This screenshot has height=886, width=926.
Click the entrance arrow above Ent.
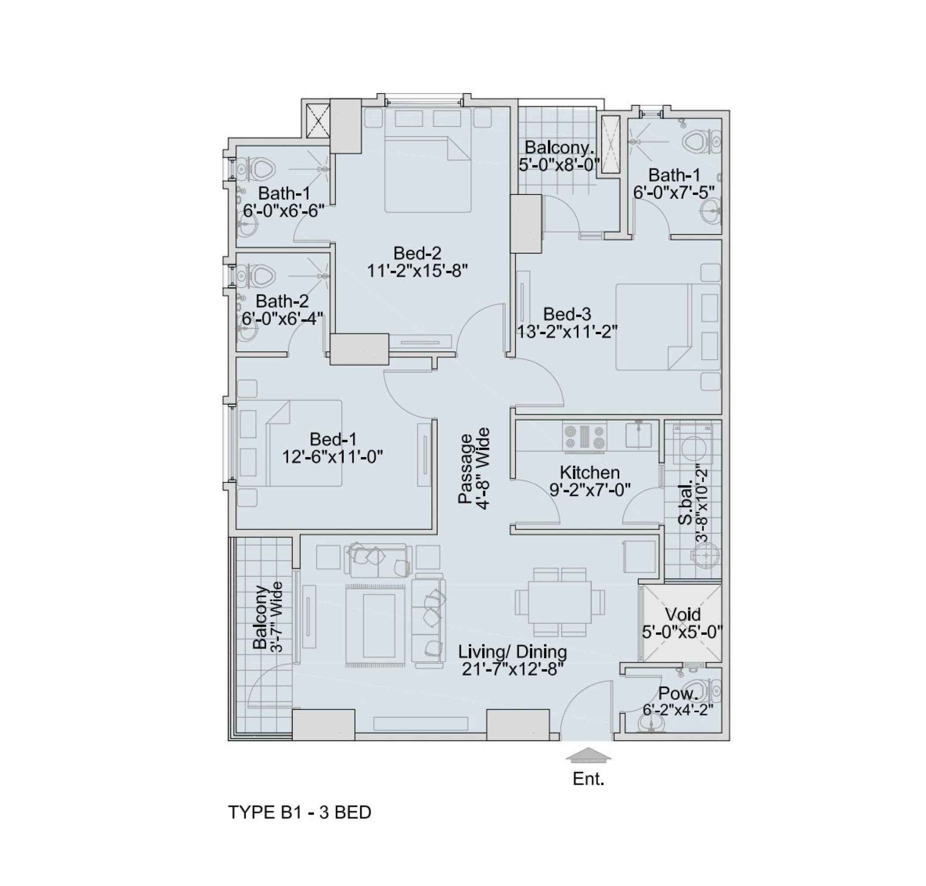(589, 755)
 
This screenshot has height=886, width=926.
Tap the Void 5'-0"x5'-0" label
(683, 623)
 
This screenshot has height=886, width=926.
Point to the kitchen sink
(639, 434)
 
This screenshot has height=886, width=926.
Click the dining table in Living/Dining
(560, 602)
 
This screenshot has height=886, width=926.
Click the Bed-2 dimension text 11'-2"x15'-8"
(417, 271)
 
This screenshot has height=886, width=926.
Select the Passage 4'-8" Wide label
(474, 468)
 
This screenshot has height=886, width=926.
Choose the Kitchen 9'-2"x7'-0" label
(589, 481)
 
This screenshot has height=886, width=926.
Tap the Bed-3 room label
(567, 314)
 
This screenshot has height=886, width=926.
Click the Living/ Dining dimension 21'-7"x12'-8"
(513, 669)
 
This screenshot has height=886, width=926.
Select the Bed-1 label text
(333, 439)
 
